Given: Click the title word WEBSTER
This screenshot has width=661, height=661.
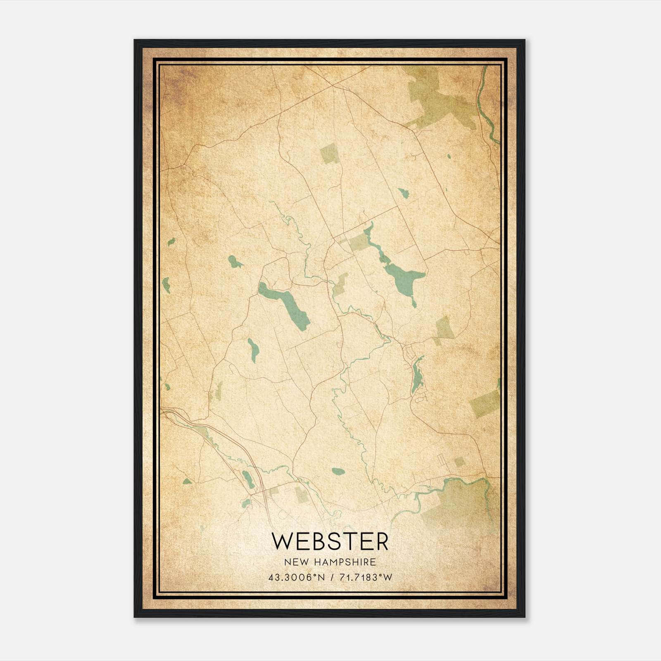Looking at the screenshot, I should [330, 542].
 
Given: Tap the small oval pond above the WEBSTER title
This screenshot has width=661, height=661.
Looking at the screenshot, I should [338, 471].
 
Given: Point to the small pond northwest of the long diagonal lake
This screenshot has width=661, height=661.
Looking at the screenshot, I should [235, 262].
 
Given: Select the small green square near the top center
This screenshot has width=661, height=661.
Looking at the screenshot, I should [329, 154].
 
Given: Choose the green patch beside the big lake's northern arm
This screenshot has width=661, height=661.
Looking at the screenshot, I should [358, 241].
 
